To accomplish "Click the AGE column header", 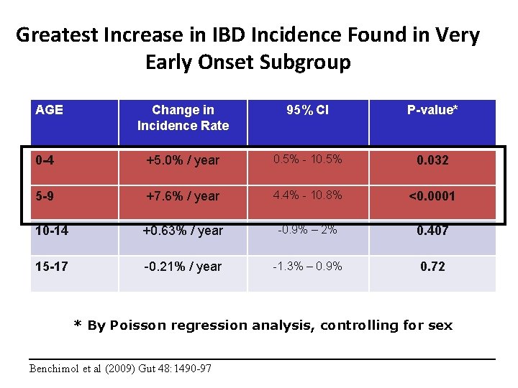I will [49, 110].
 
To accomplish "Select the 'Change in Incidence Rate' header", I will [183, 118].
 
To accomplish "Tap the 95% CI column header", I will [307, 110].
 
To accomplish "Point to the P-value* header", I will [432, 110].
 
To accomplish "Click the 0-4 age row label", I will [45, 160].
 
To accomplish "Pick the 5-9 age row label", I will [45, 195].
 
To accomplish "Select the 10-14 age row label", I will [50, 231].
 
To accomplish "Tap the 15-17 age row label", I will [50, 266].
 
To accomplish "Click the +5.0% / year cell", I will [183, 160].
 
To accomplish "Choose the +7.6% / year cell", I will [183, 195].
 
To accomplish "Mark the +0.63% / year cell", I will [183, 231].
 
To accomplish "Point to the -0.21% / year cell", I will [183, 267].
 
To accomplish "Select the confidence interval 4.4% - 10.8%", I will [307, 195].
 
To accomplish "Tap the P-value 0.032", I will [432, 160].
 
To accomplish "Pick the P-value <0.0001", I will [432, 195].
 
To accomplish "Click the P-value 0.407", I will [432, 231].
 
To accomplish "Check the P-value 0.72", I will [432, 267].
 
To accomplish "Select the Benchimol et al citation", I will [120, 369].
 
